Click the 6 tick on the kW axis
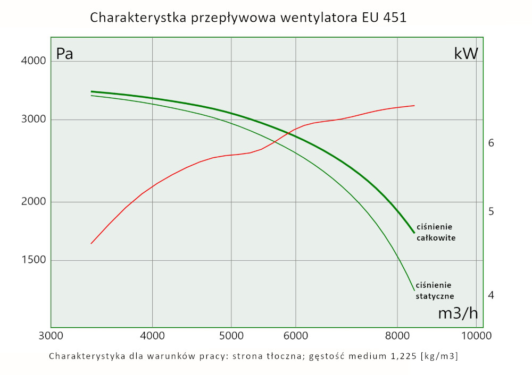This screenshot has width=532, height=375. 491,143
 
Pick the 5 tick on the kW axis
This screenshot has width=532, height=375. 491,211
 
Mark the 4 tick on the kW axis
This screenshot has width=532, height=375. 491,295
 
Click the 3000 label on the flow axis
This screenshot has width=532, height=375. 51,336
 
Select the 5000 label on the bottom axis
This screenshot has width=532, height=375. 231,336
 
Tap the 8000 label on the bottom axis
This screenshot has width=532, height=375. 397,336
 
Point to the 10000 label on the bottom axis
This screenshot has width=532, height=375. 476,336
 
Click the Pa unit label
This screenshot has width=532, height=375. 64,54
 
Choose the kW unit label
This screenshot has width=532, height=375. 466,54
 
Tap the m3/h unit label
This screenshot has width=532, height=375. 458,313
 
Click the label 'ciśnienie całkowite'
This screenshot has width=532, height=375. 436,233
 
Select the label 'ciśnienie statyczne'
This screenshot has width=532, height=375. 435,290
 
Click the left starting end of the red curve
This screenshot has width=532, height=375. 92,243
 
